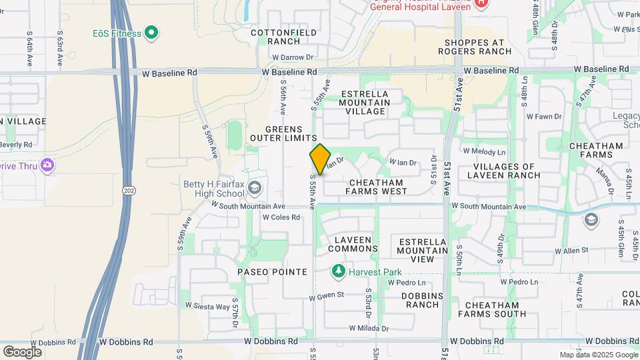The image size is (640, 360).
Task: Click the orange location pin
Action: click(x=320, y=159)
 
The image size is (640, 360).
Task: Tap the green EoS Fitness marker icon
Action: click(x=151, y=33)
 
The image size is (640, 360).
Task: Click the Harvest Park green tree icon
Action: click(x=339, y=272)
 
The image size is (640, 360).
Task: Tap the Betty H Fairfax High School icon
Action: click(x=254, y=189)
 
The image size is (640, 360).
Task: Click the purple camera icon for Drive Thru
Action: click(x=47, y=165)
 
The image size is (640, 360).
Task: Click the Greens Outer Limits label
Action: click(x=283, y=133)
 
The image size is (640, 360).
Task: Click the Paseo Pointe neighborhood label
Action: click(x=272, y=272)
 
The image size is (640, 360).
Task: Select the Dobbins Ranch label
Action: click(x=413, y=300)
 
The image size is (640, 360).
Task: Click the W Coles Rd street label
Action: click(x=281, y=217)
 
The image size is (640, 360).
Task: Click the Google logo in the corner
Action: click(x=22, y=351)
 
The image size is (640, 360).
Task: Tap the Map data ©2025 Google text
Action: click(x=597, y=355)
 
